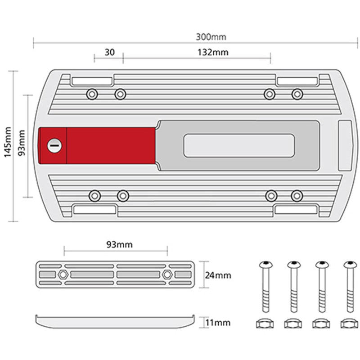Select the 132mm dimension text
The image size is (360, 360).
213,52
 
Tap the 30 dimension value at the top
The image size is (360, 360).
109,52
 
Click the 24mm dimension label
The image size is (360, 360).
218,274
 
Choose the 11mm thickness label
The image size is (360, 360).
218,322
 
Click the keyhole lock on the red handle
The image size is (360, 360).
54,145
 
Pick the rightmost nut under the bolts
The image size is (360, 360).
349,323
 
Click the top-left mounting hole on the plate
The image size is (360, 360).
93,94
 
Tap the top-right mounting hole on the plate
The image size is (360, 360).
297,94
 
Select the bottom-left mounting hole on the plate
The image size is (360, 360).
94,196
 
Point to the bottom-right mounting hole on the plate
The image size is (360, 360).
297,196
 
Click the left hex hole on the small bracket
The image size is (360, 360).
63,274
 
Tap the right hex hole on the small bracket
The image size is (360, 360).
167,274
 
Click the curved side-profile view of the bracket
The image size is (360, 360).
115,321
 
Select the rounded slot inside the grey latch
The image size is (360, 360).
239,145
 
